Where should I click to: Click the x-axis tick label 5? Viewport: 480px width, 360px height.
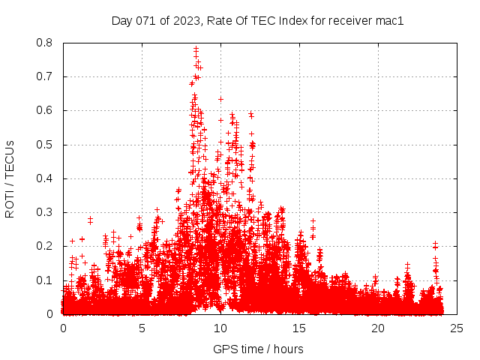[x=142, y=328]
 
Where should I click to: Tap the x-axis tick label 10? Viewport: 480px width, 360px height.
[x=220, y=328]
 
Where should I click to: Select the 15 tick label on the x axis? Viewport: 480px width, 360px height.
[x=299, y=328]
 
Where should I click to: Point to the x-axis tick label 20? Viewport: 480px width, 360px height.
[x=378, y=328]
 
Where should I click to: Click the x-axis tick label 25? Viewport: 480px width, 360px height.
[x=457, y=328]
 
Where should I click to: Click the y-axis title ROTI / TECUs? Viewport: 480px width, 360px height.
[x=10, y=178]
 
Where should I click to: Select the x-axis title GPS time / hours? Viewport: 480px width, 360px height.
[x=258, y=349]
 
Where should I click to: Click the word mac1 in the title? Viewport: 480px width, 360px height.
[x=389, y=21]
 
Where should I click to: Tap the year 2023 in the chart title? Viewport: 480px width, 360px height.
[x=186, y=21]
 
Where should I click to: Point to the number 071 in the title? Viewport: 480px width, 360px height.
[x=147, y=21]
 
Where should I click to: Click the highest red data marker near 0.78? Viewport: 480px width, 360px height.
[x=196, y=49]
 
